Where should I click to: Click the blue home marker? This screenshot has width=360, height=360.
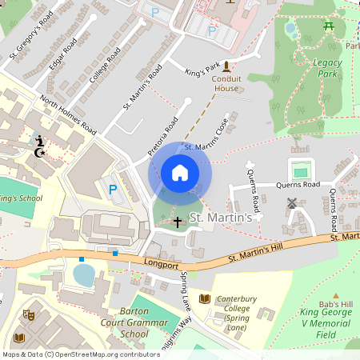pyautogui.click(x=180, y=173)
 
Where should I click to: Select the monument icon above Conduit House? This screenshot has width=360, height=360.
pyautogui.click(x=226, y=66)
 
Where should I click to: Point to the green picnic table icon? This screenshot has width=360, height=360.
pyautogui.click(x=329, y=26)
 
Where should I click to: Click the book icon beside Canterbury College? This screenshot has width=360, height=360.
pyautogui.click(x=204, y=298)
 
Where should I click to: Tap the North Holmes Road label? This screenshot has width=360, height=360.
pyautogui.click(x=68, y=115)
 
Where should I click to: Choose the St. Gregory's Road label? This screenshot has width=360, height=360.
pyautogui.click(x=31, y=36)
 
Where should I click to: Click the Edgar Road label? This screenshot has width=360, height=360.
pyautogui.click(x=64, y=54)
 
